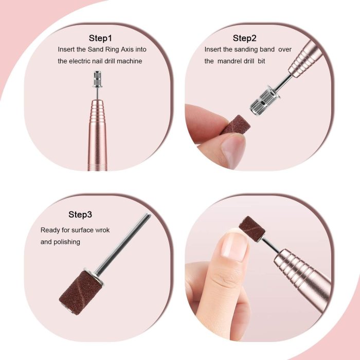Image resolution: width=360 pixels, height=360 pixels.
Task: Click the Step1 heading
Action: click(100, 38)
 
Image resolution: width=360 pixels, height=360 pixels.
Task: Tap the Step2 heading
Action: click(244, 38)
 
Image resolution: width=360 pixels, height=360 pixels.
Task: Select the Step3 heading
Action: click(80, 214)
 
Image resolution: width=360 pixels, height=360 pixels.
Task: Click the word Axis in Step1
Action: click(127, 49)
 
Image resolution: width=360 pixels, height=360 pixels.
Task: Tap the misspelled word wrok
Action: click(102, 230)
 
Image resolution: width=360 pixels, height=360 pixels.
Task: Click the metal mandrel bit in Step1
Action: click(98, 84)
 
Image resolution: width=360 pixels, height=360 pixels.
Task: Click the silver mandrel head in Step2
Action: click(264, 101)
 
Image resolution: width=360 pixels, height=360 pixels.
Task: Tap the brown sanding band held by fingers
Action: click(236, 125)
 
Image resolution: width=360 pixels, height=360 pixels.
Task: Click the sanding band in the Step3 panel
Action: click(81, 292)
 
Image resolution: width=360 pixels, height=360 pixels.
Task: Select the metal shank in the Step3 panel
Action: click(123, 244)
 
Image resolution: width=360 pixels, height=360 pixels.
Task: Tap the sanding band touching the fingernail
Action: click(252, 229)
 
